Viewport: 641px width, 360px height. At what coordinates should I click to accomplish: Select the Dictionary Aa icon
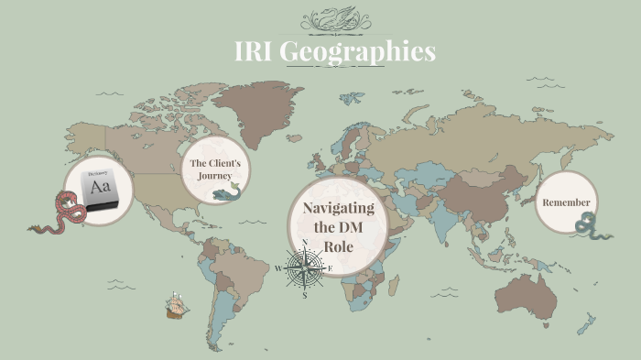[98, 188]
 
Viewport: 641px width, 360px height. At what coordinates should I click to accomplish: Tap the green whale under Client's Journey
[227, 193]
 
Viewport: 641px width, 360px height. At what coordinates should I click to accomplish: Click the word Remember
[566, 202]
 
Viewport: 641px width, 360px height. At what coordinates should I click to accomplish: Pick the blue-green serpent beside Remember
[587, 224]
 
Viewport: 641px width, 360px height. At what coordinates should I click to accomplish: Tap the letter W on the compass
[278, 268]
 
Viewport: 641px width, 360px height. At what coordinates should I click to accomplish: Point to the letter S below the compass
[304, 295]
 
